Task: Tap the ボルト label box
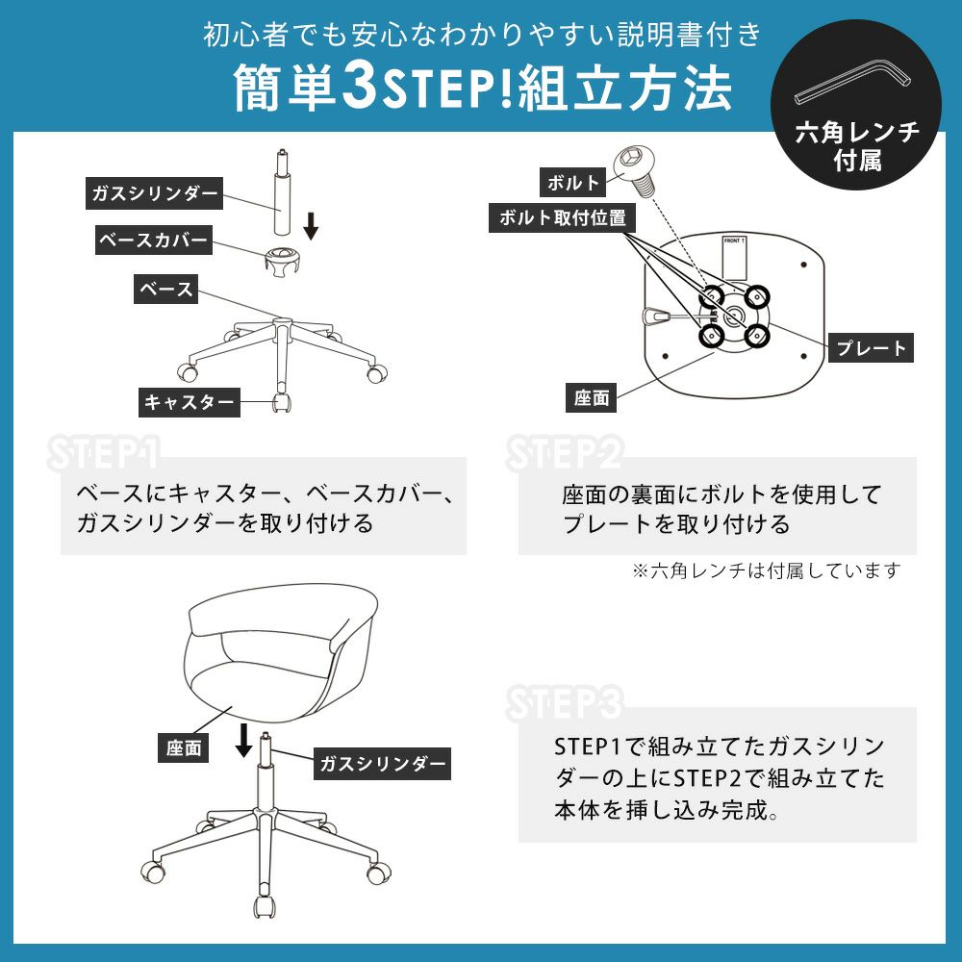point(572,182)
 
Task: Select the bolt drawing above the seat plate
point(636,168)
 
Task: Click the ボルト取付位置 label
point(562,217)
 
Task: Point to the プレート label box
point(871,348)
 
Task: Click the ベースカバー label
point(153,240)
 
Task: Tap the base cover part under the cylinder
point(282,260)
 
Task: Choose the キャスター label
point(189,402)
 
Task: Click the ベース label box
point(165,289)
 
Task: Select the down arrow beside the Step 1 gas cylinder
point(311,226)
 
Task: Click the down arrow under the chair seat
point(243,741)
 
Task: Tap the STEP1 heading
point(103,454)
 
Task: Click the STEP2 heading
point(564,453)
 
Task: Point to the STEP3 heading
point(564,703)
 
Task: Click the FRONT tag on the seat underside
point(734,257)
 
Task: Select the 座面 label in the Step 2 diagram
point(592,398)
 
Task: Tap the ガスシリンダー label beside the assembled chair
point(382,764)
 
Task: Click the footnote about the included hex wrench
point(767,570)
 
